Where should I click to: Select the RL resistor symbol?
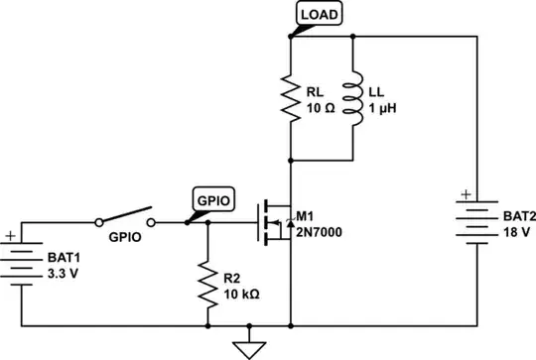[x=289, y=97]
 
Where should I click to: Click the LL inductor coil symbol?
[x=352, y=97]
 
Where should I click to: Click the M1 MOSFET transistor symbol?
[x=276, y=225]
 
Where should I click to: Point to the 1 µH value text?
[x=384, y=105]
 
